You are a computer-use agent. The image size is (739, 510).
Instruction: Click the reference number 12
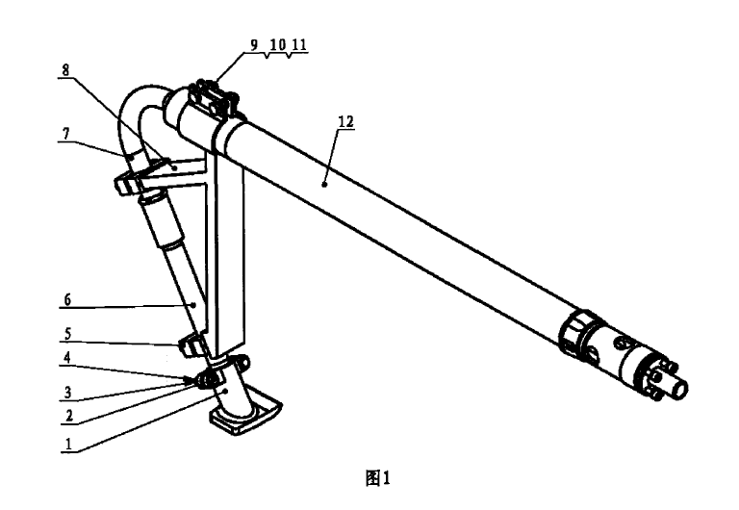click(x=346, y=122)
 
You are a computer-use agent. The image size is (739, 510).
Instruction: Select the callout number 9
click(x=254, y=44)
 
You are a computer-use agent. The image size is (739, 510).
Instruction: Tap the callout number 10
click(x=276, y=44)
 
